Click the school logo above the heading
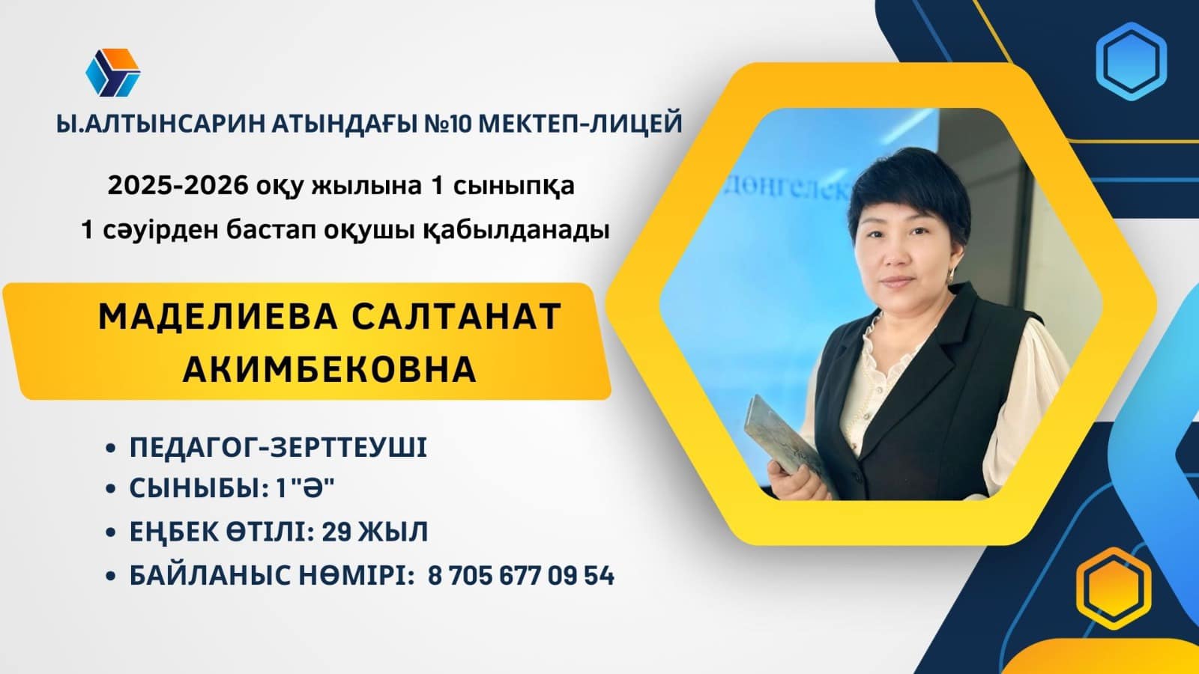pos(113,73)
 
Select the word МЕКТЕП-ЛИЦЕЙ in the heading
pos(580,124)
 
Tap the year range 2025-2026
pos(178,186)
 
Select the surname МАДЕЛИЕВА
pos(218,317)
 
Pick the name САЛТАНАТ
pos(456,317)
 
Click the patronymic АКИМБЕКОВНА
pos(330,370)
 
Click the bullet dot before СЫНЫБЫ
pos(111,489)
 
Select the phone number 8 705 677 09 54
pos(522,576)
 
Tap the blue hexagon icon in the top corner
pos(1131,61)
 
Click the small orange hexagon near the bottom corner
pos(1114,588)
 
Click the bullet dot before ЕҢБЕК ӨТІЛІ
pos(111,532)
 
